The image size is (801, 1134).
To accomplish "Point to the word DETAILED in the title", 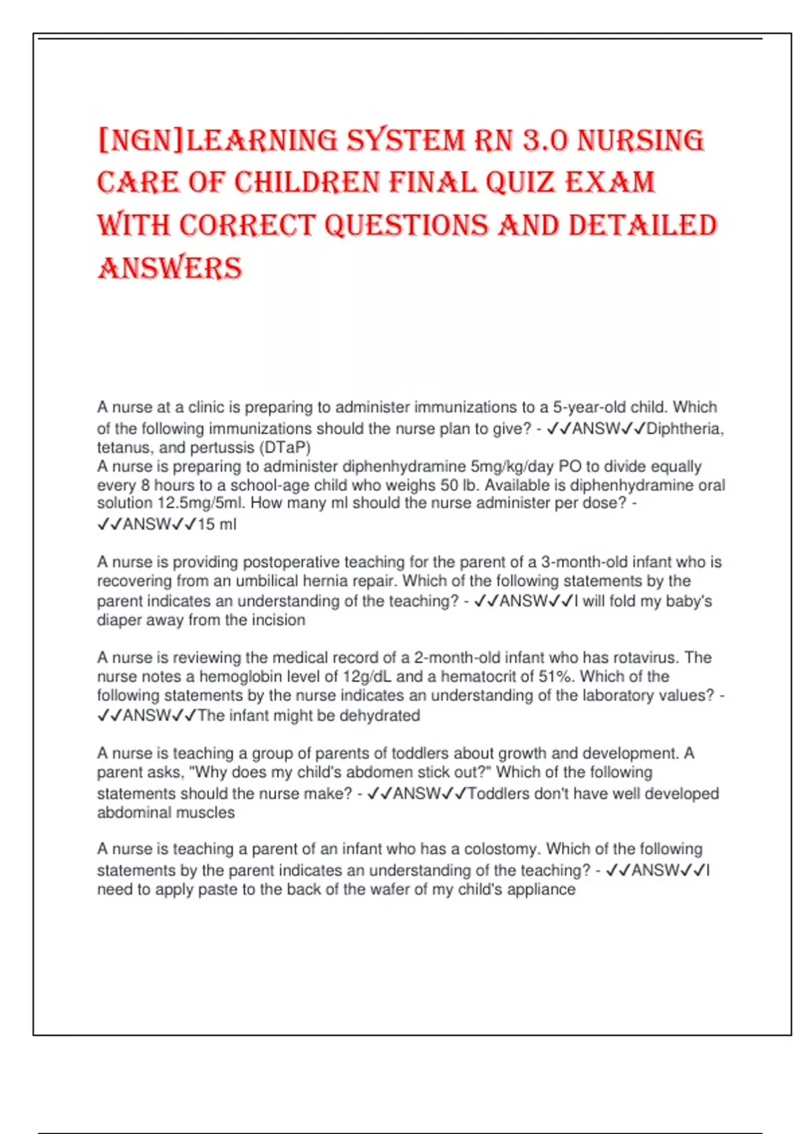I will pos(643,225).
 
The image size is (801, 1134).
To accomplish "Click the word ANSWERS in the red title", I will pos(170,268).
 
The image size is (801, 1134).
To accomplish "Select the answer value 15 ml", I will pos(217,524).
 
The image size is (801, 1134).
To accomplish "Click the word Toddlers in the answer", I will pos(499,794).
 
